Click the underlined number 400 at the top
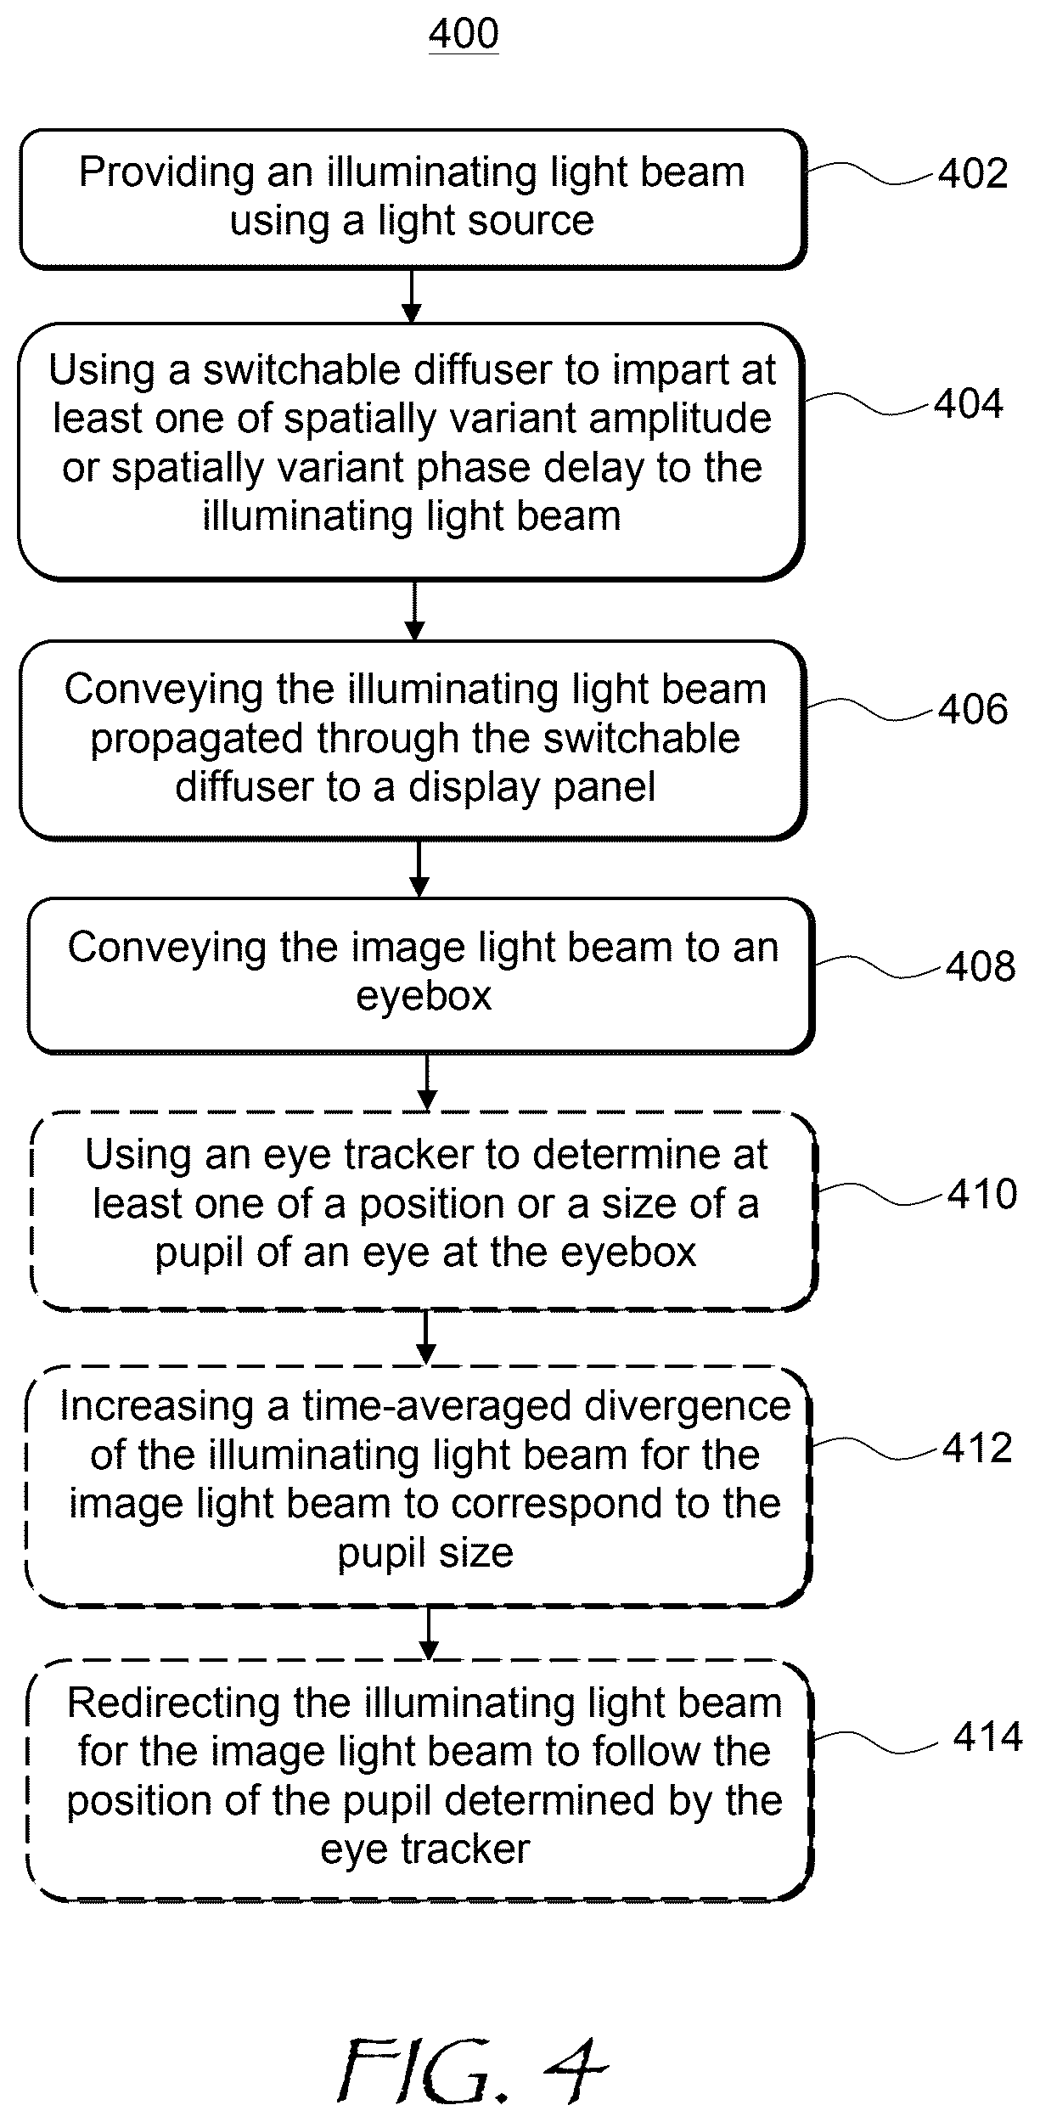464,35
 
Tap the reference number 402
973,174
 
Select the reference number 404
969,403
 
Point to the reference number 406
973,709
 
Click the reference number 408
981,966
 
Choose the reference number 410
982,1194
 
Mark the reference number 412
978,1447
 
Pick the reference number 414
988,1737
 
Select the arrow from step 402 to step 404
412,296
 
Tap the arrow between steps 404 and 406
414,611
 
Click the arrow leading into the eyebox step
419,870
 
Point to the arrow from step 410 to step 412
427,1338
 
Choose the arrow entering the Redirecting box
430,1633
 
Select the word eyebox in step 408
424,996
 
